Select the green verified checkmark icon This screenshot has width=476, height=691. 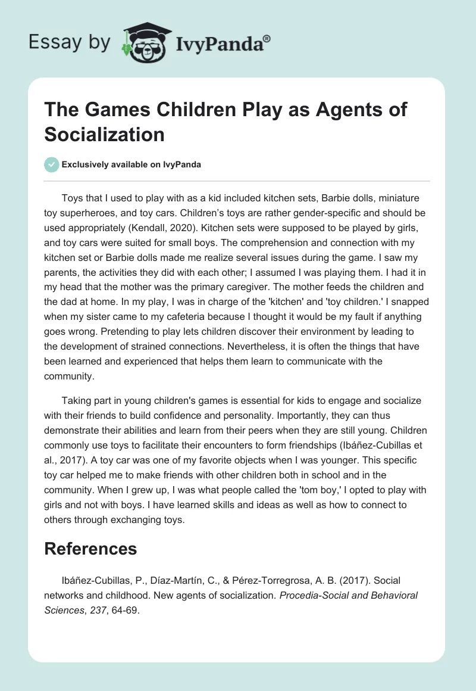tap(52, 164)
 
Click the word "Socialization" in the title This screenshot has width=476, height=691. tap(104, 134)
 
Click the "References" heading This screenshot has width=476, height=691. tap(90, 549)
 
